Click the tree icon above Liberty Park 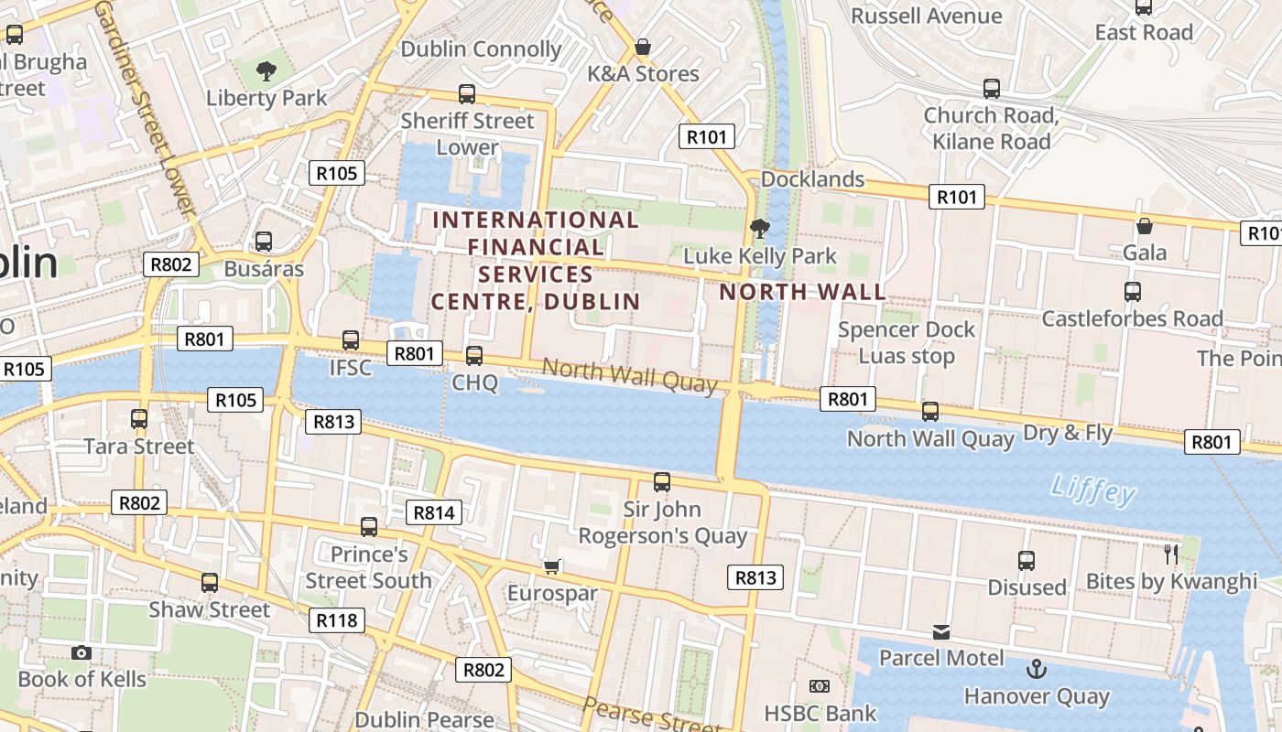pyautogui.click(x=266, y=70)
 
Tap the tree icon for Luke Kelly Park pyautogui.click(x=759, y=228)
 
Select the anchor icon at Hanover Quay pyautogui.click(x=1036, y=669)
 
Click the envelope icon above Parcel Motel pyautogui.click(x=940, y=631)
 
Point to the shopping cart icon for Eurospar pyautogui.click(x=551, y=566)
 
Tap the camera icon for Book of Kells pyautogui.click(x=81, y=652)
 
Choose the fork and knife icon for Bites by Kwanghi pyautogui.click(x=1170, y=554)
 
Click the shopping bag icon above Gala pyautogui.click(x=1144, y=226)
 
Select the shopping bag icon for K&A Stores pyautogui.click(x=643, y=47)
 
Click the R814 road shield pyautogui.click(x=434, y=512)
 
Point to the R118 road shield pyautogui.click(x=336, y=620)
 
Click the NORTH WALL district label pyautogui.click(x=802, y=293)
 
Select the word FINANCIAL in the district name pyautogui.click(x=536, y=247)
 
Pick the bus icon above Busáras pyautogui.click(x=264, y=242)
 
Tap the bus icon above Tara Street pyautogui.click(x=139, y=419)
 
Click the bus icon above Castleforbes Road pyautogui.click(x=1133, y=292)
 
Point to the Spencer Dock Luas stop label pyautogui.click(x=907, y=343)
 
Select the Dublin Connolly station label pyautogui.click(x=481, y=49)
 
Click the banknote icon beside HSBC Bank pyautogui.click(x=820, y=686)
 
